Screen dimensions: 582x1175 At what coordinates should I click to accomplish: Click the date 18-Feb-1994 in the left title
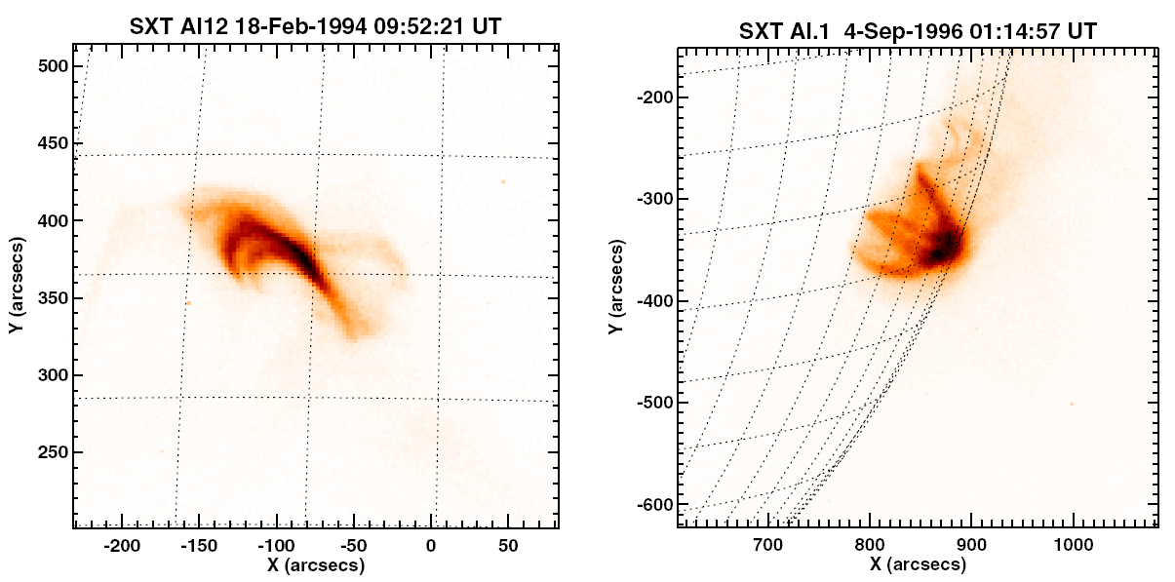tap(284, 27)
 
